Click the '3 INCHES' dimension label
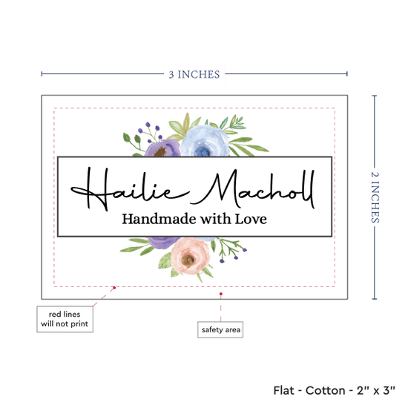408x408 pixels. pyautogui.click(x=194, y=74)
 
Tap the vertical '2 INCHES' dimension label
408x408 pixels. pyautogui.click(x=375, y=197)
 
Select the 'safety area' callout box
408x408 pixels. pyautogui.click(x=220, y=329)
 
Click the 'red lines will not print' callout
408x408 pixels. pyautogui.click(x=65, y=319)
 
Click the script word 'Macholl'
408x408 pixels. pyautogui.click(x=253, y=189)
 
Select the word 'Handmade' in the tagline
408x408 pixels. pyautogui.click(x=159, y=219)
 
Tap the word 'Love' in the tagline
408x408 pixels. pyautogui.click(x=251, y=219)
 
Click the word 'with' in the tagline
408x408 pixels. pyautogui.click(x=215, y=219)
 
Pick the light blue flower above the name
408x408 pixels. pyautogui.click(x=205, y=141)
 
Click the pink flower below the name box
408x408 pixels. pyautogui.click(x=190, y=256)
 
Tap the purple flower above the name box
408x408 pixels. pyautogui.click(x=162, y=148)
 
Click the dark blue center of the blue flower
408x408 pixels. pyautogui.click(x=203, y=151)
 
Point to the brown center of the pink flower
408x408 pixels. pyautogui.click(x=188, y=259)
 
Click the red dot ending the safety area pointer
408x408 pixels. pyautogui.click(x=221, y=294)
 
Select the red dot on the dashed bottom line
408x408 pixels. pyautogui.click(x=114, y=288)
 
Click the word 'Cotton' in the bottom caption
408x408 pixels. pyautogui.click(x=325, y=390)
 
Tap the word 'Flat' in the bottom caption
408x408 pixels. pyautogui.click(x=283, y=390)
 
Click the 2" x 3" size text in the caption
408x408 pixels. pyautogui.click(x=376, y=390)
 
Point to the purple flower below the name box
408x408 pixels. pyautogui.click(x=163, y=243)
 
